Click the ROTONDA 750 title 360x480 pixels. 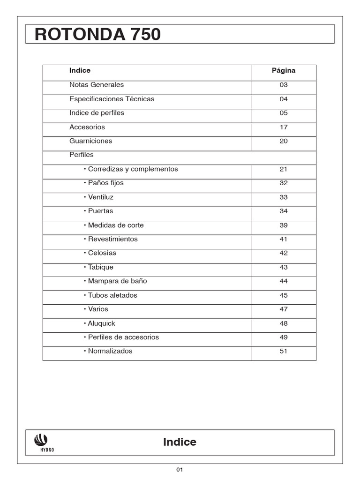(97, 35)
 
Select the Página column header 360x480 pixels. (284, 71)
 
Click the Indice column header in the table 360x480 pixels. (80, 71)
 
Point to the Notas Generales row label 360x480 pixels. (97, 85)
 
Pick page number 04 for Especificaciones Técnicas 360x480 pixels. (284, 99)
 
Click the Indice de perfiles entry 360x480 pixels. (97, 113)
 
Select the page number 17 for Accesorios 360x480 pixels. (284, 127)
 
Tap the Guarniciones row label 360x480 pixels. (90, 141)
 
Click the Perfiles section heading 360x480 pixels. (82, 155)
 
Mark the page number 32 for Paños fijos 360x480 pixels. (284, 183)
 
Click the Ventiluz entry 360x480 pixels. (100, 197)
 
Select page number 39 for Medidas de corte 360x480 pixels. (284, 225)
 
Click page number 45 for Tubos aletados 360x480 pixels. (284, 295)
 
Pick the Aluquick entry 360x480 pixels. (101, 323)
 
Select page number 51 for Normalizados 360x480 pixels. (284, 351)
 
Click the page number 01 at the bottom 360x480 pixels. (180, 470)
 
